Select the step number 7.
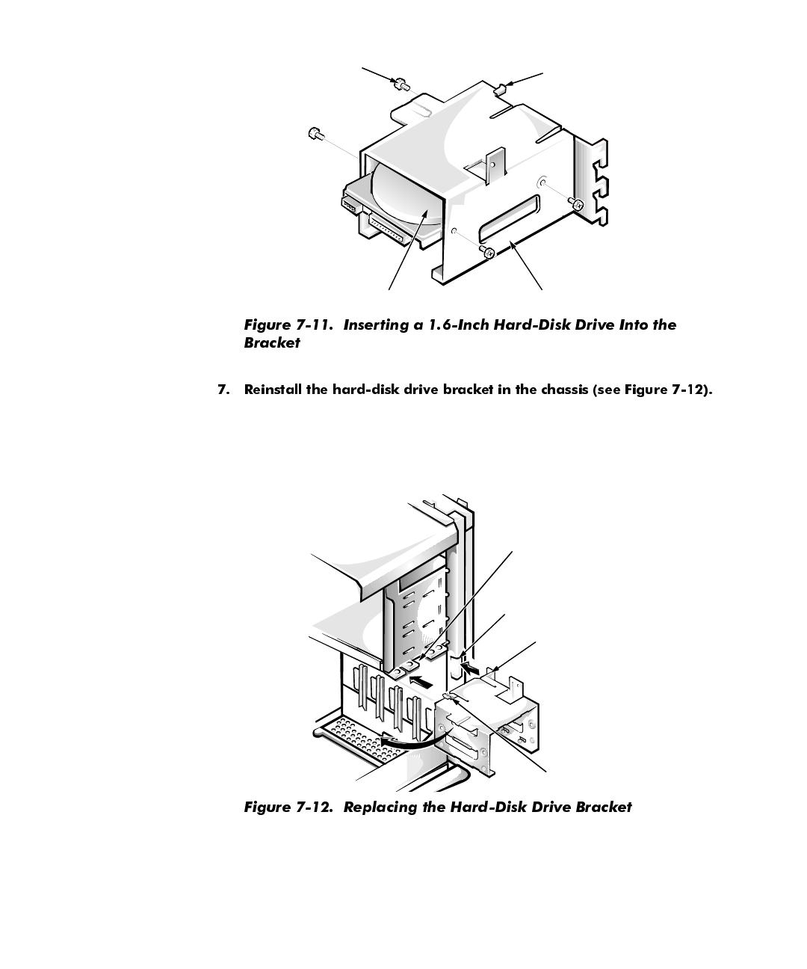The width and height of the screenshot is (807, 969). tap(222, 390)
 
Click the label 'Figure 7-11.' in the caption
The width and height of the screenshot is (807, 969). tap(289, 324)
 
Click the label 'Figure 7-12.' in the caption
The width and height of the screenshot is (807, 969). tap(289, 807)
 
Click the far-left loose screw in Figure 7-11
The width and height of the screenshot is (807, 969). tap(315, 134)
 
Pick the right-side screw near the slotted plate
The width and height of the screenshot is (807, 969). tap(575, 203)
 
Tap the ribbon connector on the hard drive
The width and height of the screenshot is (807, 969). tap(386, 230)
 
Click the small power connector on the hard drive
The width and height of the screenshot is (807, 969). tap(350, 203)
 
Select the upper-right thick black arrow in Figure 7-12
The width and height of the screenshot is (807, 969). tap(471, 662)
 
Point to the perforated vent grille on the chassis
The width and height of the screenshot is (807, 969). tap(357, 737)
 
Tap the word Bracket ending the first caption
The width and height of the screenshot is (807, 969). tap(272, 342)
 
